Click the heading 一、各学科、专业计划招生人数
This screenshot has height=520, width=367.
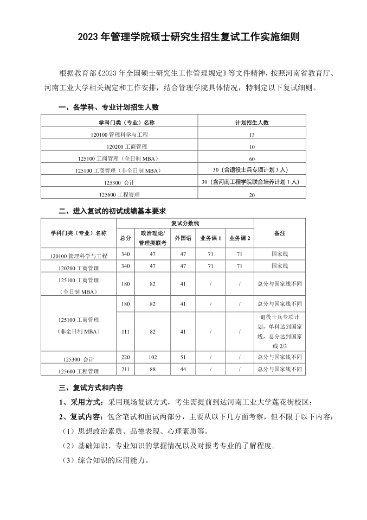point(108,107)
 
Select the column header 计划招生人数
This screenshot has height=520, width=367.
point(252,122)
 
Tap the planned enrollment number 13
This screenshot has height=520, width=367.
point(252,134)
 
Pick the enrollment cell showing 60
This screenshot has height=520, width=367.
point(252,158)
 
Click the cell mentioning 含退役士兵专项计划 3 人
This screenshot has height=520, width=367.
point(252,170)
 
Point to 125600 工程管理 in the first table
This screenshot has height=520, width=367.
point(119,194)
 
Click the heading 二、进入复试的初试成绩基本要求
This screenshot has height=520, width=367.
point(112,211)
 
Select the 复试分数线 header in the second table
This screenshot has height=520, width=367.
point(185,223)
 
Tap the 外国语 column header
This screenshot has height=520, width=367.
point(183,238)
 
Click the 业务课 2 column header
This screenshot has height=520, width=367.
point(240,238)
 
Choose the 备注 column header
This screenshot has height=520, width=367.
point(279,233)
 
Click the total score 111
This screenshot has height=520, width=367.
point(125,331)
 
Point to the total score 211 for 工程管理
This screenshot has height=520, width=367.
point(125,370)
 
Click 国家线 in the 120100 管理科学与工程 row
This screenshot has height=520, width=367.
point(279,253)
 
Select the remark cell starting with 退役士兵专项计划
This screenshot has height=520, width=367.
point(279,331)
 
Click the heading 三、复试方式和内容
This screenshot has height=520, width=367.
point(91,388)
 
